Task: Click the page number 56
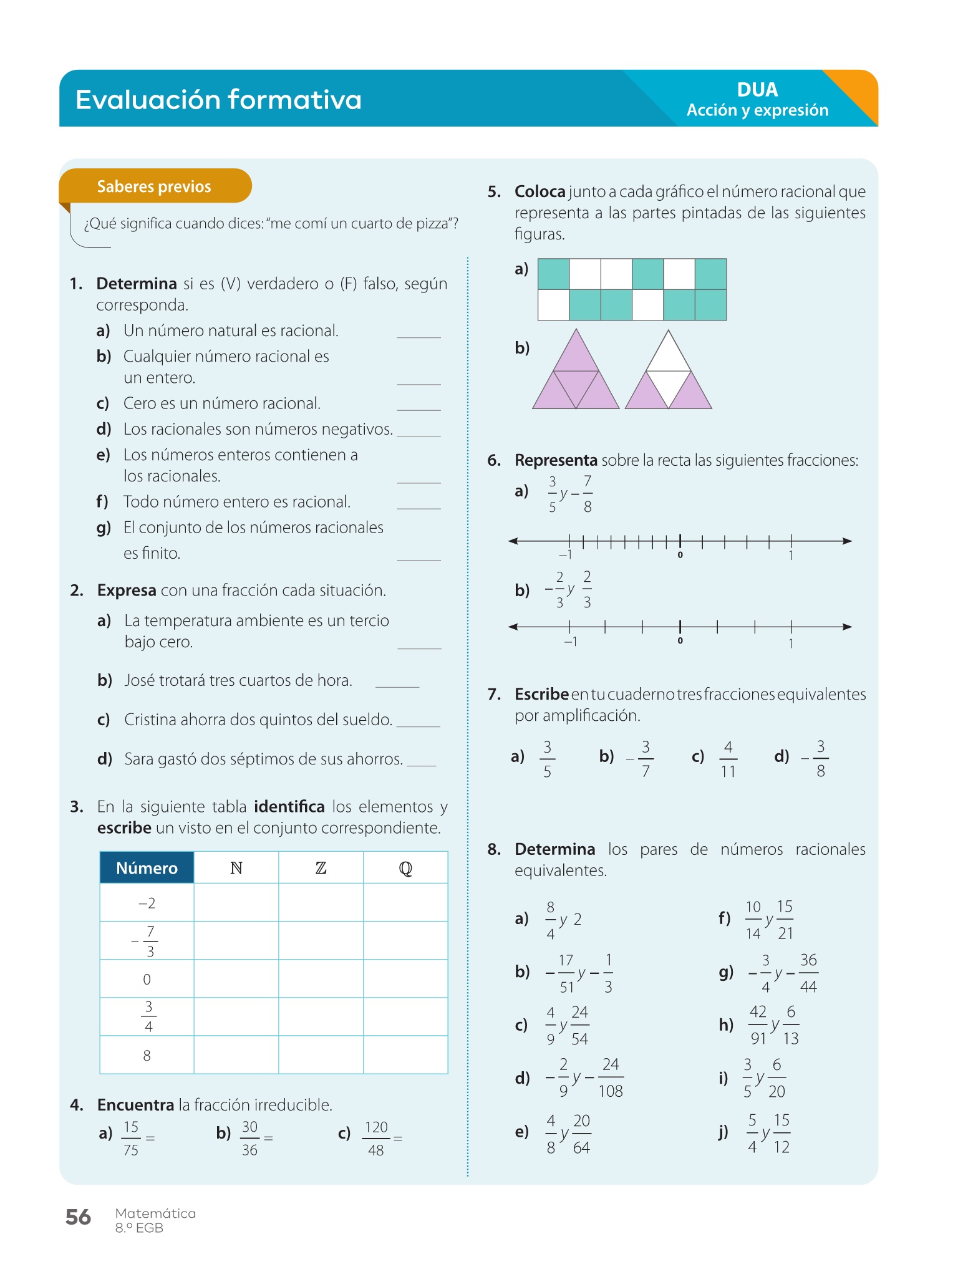coord(78,1217)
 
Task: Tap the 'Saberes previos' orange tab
coord(154,186)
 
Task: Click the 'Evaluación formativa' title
coord(218,100)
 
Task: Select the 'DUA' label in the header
coord(757,90)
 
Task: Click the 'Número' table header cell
coord(147,868)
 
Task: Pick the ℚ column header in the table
coord(405,868)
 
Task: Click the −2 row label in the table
coord(147,903)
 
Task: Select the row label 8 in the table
coord(147,1055)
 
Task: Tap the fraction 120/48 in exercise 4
coord(376,1138)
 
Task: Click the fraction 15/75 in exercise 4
coord(131,1138)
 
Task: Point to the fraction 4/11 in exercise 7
coord(728,759)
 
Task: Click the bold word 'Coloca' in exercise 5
coord(539,191)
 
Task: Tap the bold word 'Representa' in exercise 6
coord(556,460)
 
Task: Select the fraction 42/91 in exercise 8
coord(758,1024)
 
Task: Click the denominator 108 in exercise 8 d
coord(611,1091)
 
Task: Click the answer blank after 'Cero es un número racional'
coord(419,405)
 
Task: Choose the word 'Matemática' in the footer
coord(155,1213)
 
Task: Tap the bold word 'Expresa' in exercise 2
coord(127,590)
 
